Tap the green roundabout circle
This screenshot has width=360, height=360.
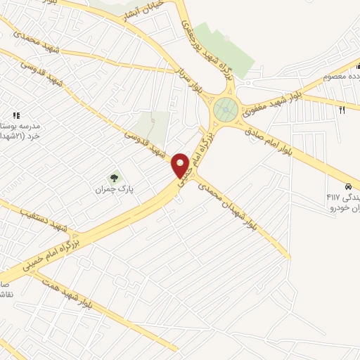click(225, 109)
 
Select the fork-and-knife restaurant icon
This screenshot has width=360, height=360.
click(342, 109)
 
